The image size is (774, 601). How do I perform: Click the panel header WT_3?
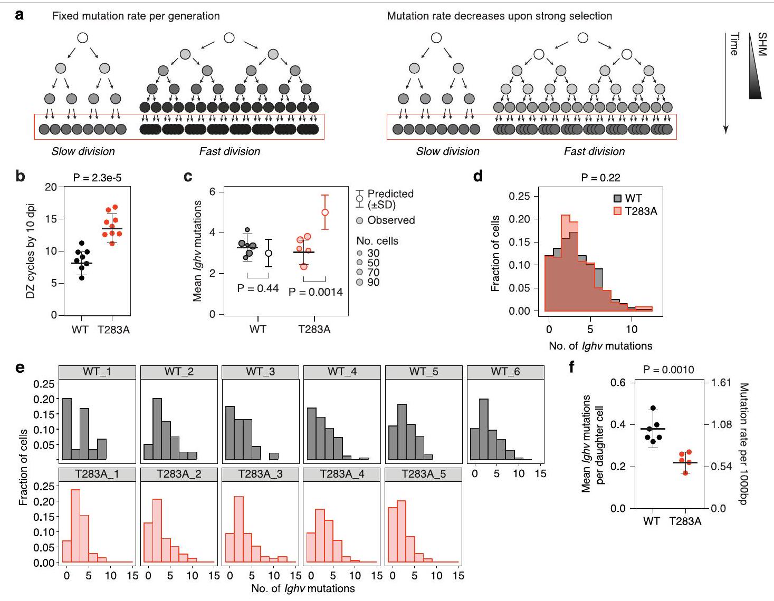pyautogui.click(x=260, y=372)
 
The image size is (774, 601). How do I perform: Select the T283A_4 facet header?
pyautogui.click(x=342, y=474)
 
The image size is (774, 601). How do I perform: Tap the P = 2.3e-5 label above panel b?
pyautogui.click(x=97, y=178)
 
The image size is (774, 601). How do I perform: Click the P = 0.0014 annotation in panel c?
pyautogui.click(x=316, y=292)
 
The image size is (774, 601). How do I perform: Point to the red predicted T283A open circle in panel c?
pyautogui.click(x=325, y=212)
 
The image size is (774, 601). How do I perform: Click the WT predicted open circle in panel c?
pyautogui.click(x=269, y=253)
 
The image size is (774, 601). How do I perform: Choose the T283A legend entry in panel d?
pyautogui.click(x=635, y=211)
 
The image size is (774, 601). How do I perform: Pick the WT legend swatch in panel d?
pyautogui.click(x=618, y=199)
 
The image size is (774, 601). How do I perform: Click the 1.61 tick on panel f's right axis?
pyautogui.click(x=721, y=382)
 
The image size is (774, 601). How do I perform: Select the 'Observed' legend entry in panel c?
pyautogui.click(x=390, y=220)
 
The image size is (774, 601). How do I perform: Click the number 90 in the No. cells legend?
pyautogui.click(x=373, y=282)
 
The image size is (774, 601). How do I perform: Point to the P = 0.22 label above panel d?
pyautogui.click(x=600, y=178)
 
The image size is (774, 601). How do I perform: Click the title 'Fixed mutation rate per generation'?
pyautogui.click(x=136, y=16)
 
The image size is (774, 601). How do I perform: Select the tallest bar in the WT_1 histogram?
pyautogui.click(x=67, y=429)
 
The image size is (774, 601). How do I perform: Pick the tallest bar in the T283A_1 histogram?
pyautogui.click(x=75, y=526)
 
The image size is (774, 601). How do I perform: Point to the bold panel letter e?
pyautogui.click(x=20, y=367)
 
